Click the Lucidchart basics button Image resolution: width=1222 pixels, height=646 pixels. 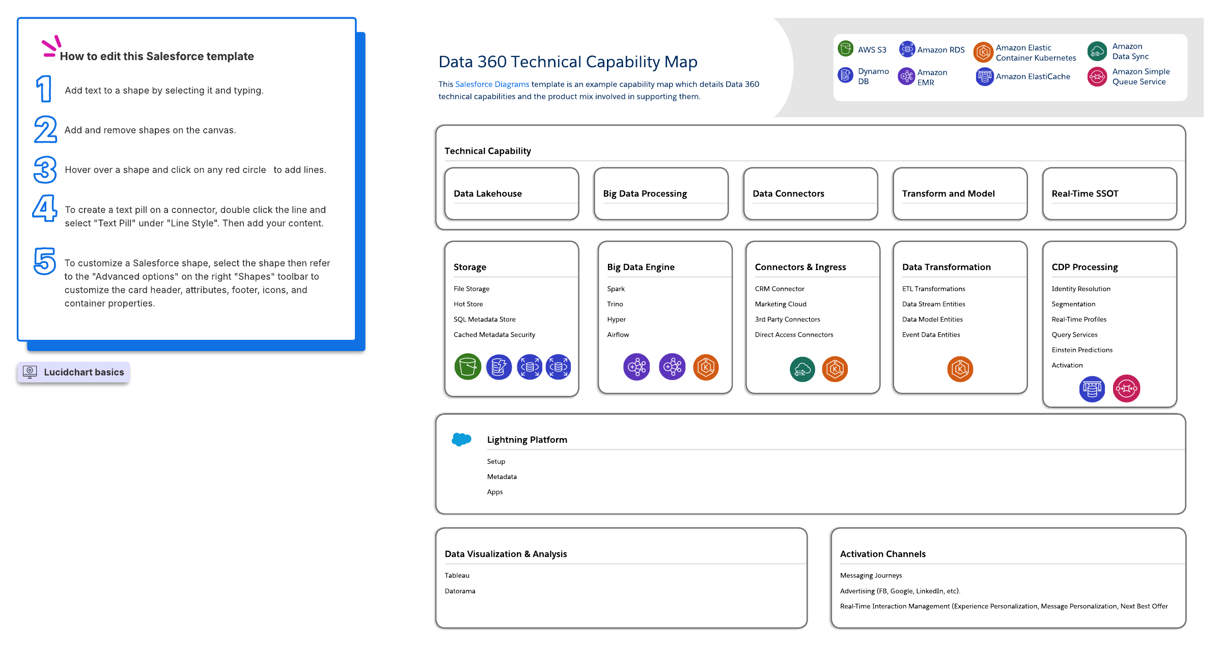coord(74,372)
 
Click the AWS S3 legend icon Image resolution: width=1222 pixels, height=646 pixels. coord(846,49)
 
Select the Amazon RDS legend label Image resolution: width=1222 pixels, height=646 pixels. coord(940,50)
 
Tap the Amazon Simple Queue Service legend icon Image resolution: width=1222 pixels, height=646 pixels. coord(1097,77)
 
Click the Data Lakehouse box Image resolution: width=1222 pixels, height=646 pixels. coord(511,194)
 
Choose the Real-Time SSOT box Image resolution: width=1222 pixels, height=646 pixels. coord(1109,194)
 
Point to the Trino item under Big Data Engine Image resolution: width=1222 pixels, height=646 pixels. coord(615,304)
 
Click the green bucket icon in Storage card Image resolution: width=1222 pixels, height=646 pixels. coord(467,367)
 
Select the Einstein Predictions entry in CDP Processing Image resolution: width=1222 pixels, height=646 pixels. coord(1082,350)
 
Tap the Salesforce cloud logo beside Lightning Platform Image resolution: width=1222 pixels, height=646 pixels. coord(461,439)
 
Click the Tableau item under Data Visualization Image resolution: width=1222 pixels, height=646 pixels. coord(457,576)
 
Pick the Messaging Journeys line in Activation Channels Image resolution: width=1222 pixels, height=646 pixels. coord(871,576)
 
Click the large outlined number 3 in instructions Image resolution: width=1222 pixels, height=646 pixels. coord(45,170)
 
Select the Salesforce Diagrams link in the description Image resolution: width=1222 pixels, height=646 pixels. coord(492,85)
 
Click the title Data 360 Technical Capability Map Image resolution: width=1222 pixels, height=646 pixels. coord(568,62)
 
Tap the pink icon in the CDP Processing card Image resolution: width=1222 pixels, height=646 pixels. coord(1126,389)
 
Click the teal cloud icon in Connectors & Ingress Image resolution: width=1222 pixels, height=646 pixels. coord(802,369)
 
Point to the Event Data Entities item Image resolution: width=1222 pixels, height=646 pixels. coord(931,335)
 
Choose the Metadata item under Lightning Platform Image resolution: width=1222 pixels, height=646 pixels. coord(502,477)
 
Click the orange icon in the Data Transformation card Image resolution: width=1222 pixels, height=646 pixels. coord(960,369)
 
